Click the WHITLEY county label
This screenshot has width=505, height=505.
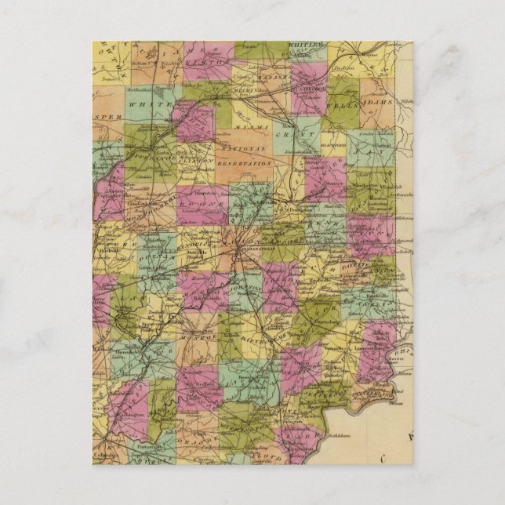pos(306,46)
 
